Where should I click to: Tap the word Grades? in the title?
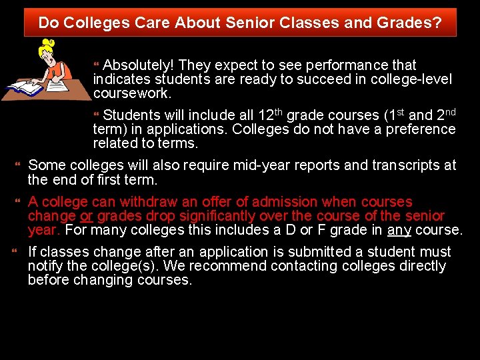pyautogui.click(x=413, y=23)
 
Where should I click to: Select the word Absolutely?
pyautogui.click(x=139, y=65)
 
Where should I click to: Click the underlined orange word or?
pyautogui.click(x=87, y=217)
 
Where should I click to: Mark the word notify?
pyautogui.click(x=46, y=267)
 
